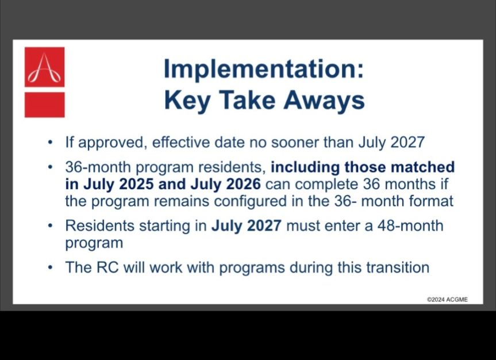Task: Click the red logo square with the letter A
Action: [45, 67]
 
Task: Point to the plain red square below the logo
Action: [45, 105]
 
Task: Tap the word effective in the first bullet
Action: [180, 142]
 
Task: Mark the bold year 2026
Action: [243, 184]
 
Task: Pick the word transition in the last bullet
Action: [398, 267]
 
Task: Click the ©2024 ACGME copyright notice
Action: [447, 300]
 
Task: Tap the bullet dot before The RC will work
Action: [50, 267]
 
